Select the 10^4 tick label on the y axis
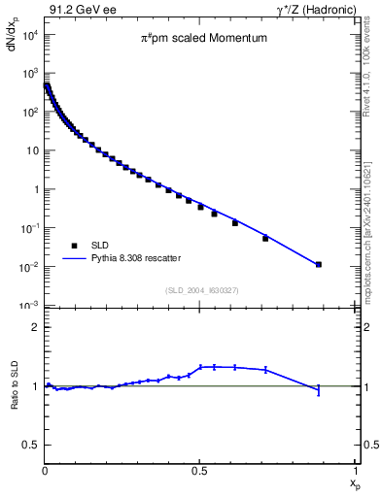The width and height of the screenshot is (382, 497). pos(29,35)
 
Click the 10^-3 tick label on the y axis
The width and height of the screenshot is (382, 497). pos(29,306)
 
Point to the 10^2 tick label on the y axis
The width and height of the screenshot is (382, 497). pos(29,113)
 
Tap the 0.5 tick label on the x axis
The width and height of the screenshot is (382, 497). pos(199,470)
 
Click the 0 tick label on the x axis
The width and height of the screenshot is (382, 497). pos(45,470)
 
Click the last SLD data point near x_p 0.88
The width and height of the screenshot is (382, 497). pos(319,264)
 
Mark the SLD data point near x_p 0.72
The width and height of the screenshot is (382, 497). pos(265,238)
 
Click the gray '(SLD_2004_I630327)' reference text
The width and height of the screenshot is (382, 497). pos(199,289)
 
